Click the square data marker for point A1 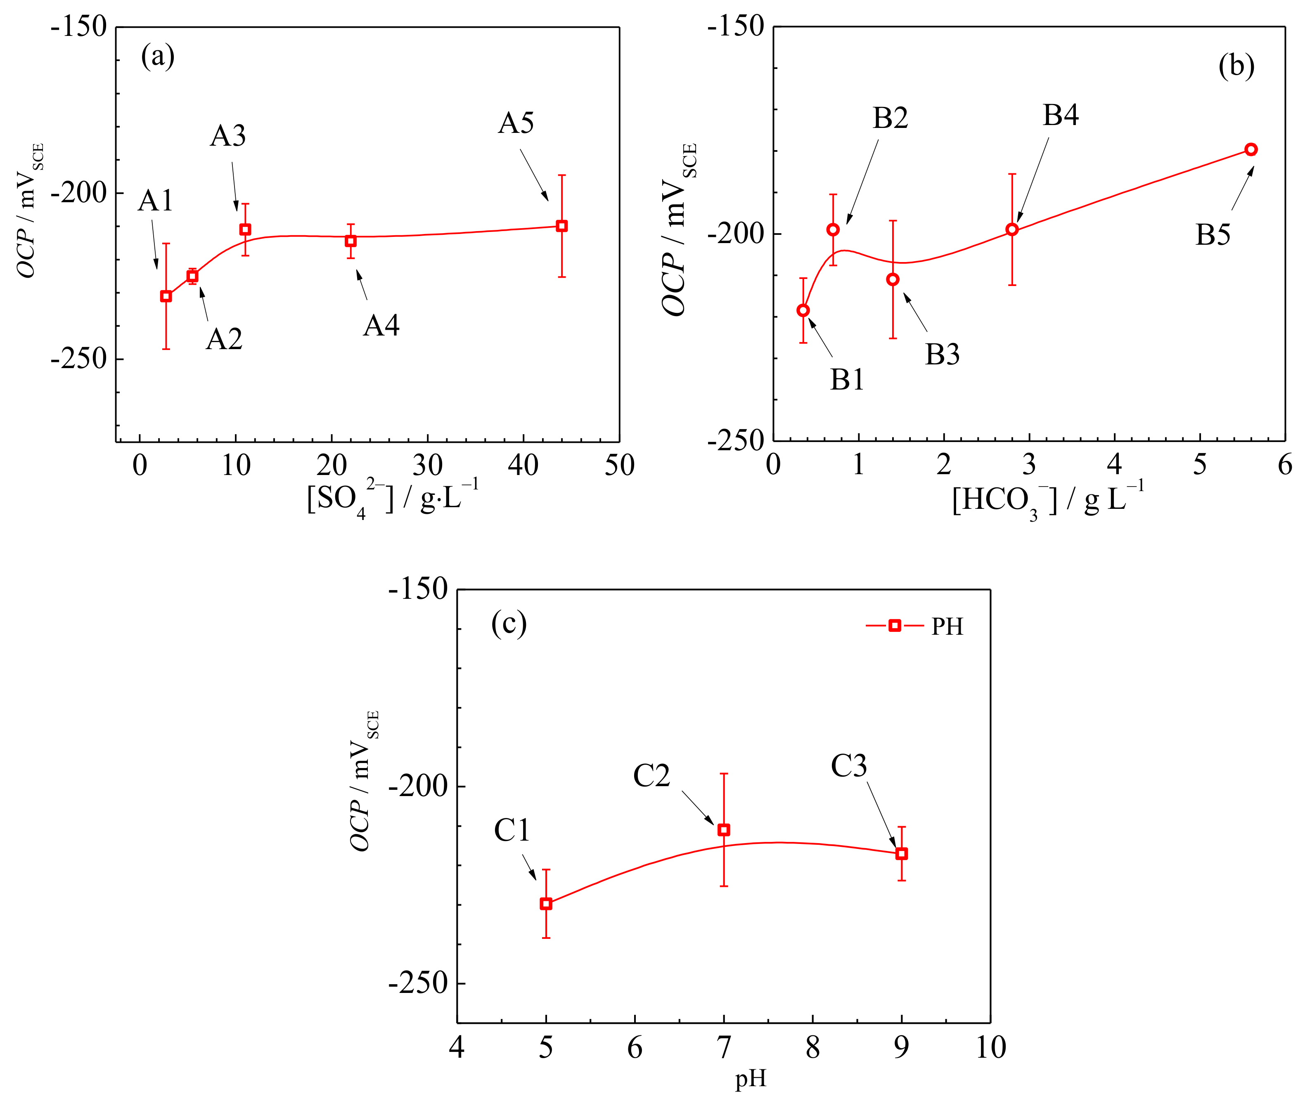[166, 296]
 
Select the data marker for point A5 [562, 226]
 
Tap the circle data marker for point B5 [1251, 149]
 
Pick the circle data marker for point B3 [893, 279]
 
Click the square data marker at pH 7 [724, 830]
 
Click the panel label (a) [157, 57]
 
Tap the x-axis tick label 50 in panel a [619, 465]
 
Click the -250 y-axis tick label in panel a [79, 359]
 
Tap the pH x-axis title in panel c [751, 1078]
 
